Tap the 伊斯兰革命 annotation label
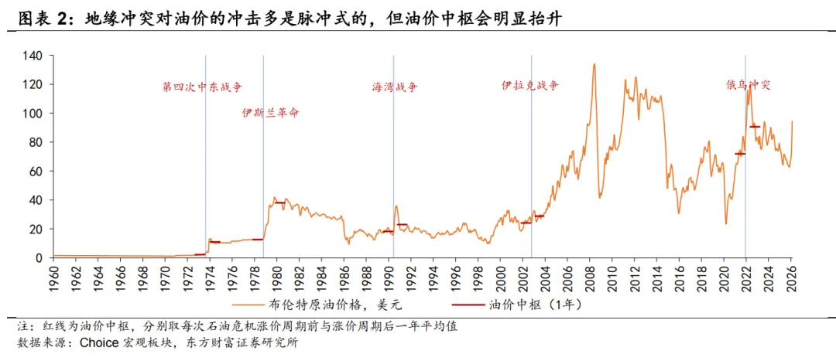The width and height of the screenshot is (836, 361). pos(270,113)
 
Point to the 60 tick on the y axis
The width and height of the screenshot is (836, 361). pos(36,171)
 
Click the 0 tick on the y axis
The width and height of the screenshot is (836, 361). pos(39,257)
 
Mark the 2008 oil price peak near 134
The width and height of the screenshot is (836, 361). pos(594,64)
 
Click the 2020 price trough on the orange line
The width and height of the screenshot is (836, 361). pos(726,223)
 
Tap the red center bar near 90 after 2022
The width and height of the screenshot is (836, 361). pos(755,126)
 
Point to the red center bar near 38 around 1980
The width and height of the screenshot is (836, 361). pos(279,203)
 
